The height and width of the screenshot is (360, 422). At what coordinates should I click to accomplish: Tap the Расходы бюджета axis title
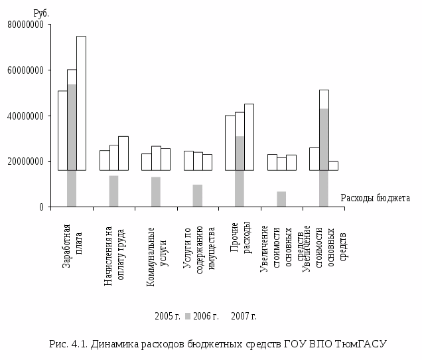click(x=375, y=198)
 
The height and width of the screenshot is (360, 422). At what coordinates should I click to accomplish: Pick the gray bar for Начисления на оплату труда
click(x=113, y=191)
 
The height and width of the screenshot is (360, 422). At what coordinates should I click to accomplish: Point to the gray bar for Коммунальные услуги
click(x=156, y=191)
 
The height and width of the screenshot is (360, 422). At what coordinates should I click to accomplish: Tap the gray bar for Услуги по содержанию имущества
click(x=198, y=195)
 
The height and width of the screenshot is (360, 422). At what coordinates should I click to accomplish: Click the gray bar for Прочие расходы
click(x=240, y=171)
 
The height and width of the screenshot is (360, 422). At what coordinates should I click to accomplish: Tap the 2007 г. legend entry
click(x=244, y=316)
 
